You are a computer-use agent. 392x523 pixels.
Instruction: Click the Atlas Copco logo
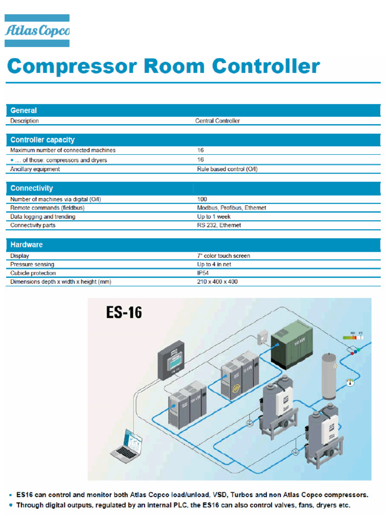click(37, 30)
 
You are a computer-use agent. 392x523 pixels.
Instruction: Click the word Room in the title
click(174, 66)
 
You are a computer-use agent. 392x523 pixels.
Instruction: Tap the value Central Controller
click(217, 121)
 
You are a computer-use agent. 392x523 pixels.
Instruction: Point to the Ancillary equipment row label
click(35, 169)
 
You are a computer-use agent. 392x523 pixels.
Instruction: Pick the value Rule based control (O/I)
click(227, 169)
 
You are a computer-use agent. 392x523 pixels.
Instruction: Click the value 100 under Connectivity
click(202, 199)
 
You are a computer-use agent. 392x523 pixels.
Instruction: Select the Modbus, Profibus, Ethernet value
click(231, 208)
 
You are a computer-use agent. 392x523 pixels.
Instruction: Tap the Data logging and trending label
click(43, 217)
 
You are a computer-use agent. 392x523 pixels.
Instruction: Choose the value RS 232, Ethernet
click(218, 225)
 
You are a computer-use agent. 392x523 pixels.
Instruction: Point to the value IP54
click(203, 273)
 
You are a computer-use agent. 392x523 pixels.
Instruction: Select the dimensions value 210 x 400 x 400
click(217, 281)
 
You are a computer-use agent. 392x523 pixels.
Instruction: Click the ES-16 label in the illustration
click(124, 313)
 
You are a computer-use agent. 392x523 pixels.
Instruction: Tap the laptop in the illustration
click(127, 446)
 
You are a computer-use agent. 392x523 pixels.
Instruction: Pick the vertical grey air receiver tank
click(329, 376)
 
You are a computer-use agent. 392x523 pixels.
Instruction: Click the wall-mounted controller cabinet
click(171, 360)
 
